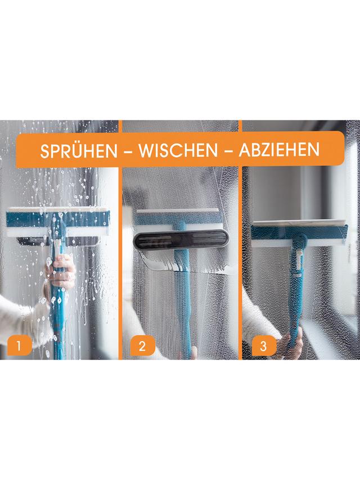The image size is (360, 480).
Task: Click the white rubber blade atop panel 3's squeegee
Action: coord(298,223)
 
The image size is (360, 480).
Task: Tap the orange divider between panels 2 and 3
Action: coord(240,253)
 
